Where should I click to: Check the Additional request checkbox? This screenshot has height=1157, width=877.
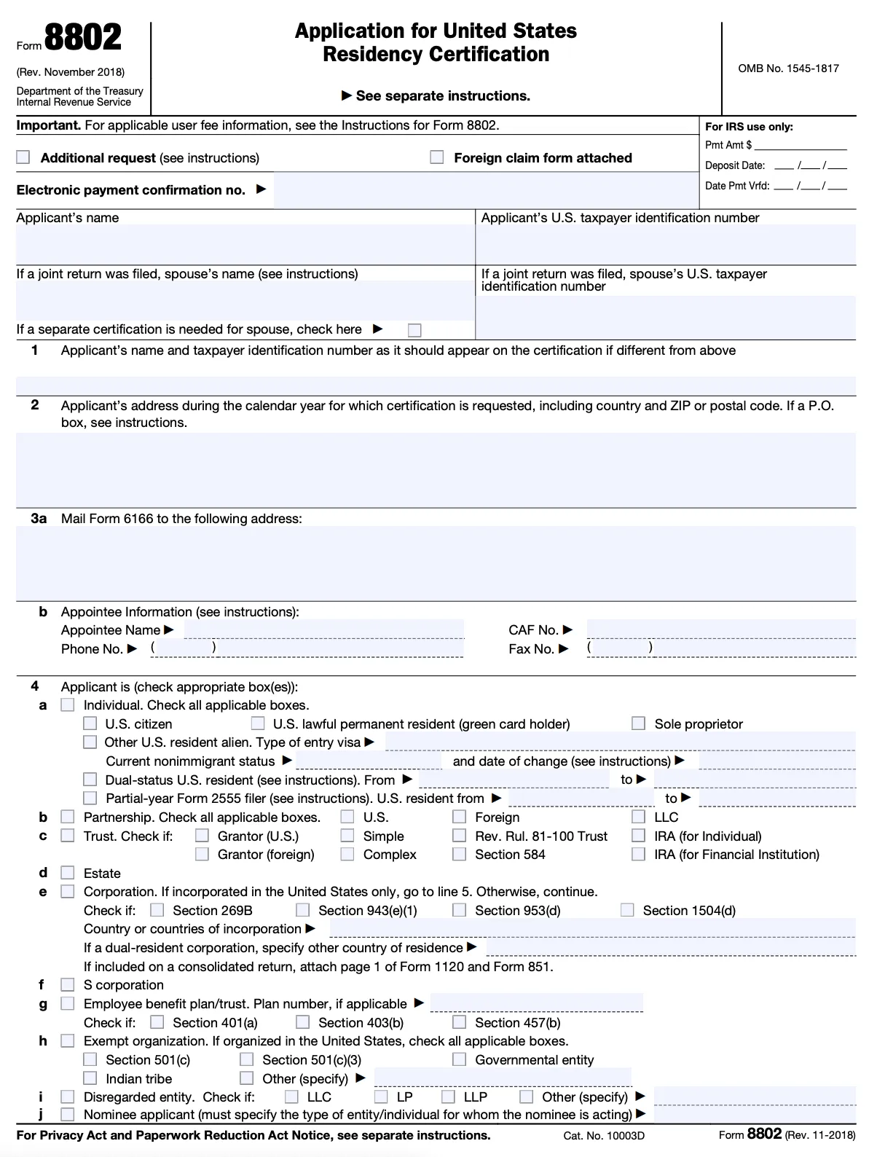click(23, 157)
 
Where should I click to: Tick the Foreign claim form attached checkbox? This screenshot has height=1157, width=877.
click(437, 157)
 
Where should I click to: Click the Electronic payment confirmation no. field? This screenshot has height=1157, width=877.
click(485, 190)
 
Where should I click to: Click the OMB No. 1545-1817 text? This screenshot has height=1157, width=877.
click(788, 68)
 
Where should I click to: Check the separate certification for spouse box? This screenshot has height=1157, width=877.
click(414, 330)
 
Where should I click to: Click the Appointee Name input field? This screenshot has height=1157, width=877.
click(323, 630)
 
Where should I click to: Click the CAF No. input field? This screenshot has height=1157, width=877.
click(720, 630)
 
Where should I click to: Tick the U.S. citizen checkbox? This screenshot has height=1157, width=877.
click(90, 723)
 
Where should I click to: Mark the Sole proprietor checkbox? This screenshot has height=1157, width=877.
click(639, 723)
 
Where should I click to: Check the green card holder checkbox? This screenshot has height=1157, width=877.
click(258, 723)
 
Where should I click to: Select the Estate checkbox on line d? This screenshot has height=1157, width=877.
click(68, 873)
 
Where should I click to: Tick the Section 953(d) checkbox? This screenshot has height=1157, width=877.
click(460, 910)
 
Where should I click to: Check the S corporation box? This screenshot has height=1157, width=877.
click(68, 985)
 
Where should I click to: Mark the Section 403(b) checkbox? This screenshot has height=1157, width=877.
click(303, 1022)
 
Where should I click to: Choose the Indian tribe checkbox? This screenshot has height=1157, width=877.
click(90, 1078)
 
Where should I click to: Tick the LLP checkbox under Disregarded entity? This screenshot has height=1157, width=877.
click(449, 1097)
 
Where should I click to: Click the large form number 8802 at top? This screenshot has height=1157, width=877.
click(82, 38)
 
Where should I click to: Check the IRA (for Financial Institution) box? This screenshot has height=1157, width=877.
click(639, 854)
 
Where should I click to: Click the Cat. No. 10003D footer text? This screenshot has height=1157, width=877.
click(603, 1135)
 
